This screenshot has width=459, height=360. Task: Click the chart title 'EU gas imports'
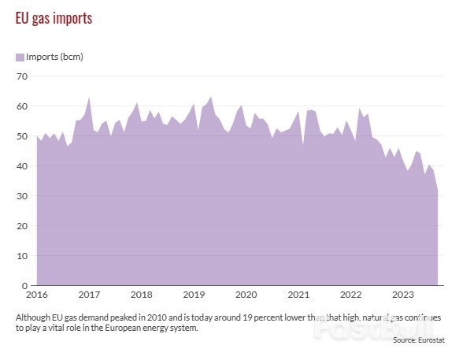(x=54, y=18)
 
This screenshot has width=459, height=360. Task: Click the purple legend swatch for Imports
(x=20, y=58)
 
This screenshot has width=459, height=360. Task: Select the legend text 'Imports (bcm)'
(x=55, y=58)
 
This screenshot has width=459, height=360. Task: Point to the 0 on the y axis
(x=24, y=286)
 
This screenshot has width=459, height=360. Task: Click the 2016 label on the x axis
(x=36, y=295)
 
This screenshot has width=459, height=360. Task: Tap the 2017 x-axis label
(x=89, y=295)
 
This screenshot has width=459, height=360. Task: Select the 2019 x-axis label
(x=194, y=295)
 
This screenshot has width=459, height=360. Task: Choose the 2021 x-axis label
(x=298, y=295)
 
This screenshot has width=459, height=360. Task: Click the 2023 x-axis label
(x=403, y=295)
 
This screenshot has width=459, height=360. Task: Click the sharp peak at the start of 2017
(x=89, y=98)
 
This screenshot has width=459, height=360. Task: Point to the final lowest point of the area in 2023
(x=438, y=190)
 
